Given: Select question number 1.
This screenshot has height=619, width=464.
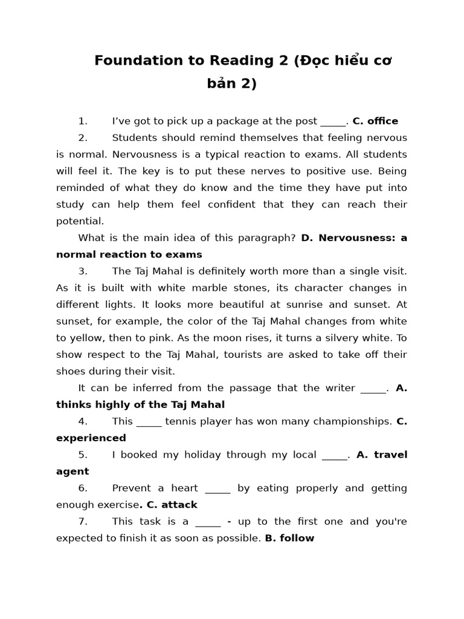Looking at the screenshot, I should [83, 121].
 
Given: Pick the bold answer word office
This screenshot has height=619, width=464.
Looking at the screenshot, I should [382, 121].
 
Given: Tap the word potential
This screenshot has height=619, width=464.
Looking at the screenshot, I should [80, 221].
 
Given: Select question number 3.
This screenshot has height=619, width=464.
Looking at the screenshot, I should [83, 271].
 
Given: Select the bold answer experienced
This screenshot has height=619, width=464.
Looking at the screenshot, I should [91, 438].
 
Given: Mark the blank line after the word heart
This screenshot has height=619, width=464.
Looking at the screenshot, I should [217, 488].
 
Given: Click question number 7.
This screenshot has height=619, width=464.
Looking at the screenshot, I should [83, 521].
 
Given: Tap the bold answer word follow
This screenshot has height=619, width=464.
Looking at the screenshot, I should [297, 538].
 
